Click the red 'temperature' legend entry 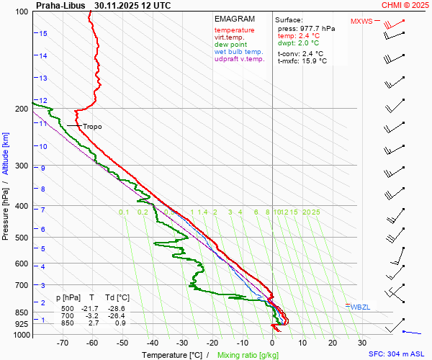coord(234,30)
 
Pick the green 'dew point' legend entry coord(230,45)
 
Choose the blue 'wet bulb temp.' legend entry coord(238,52)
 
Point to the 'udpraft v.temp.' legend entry coord(239,59)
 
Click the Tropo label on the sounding coord(92,127)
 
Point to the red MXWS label coord(361,21)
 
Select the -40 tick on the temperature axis coord(152,344)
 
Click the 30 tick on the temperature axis coord(361,344)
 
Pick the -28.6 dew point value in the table coord(119,308)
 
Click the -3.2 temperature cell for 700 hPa coord(91,315)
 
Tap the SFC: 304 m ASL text coord(398,354)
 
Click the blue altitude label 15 coord(43,34)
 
